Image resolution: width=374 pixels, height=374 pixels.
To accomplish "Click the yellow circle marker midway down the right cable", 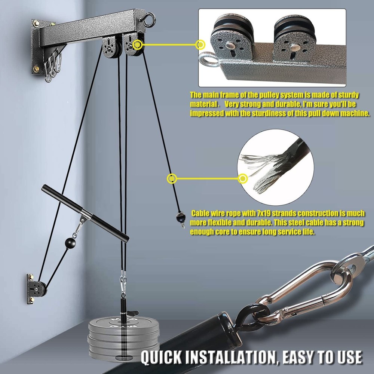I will point(172,179).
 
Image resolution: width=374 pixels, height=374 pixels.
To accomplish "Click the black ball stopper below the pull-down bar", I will point(70,243).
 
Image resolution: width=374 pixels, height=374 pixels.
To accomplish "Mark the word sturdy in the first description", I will point(346,95).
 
